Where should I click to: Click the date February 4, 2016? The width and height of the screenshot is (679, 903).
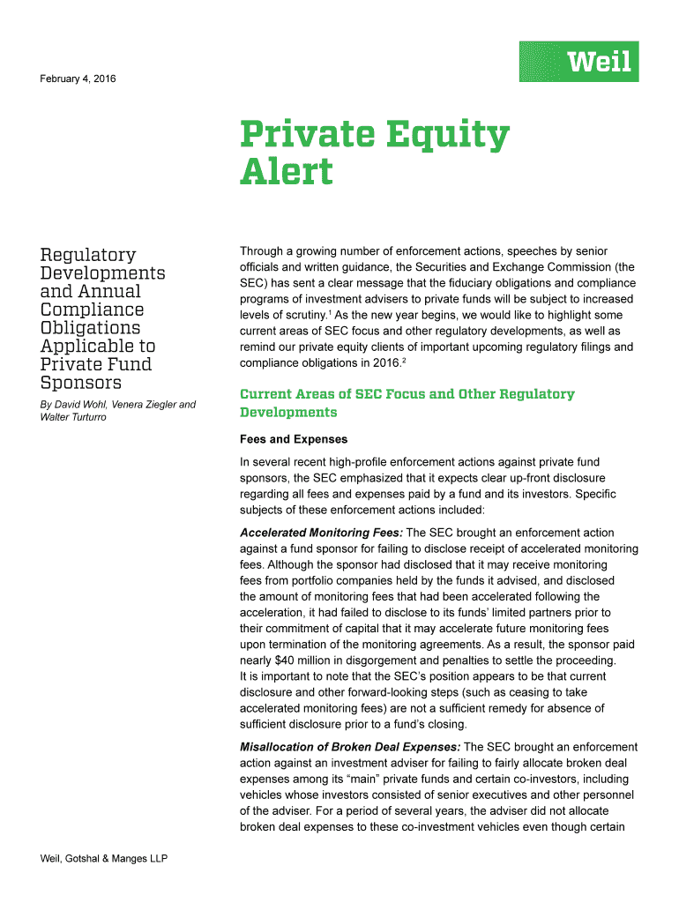click(x=78, y=80)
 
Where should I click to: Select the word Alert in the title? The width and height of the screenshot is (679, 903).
click(x=287, y=171)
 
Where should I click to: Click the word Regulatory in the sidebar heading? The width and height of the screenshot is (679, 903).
click(x=88, y=256)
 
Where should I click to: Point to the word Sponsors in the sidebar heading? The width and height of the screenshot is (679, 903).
click(x=81, y=384)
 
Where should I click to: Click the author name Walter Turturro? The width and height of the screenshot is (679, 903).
click(x=73, y=417)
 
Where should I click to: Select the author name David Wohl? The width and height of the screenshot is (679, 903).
click(x=79, y=405)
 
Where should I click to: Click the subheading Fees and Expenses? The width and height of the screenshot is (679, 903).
click(x=294, y=439)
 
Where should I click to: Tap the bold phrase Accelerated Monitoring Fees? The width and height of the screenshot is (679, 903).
click(x=321, y=533)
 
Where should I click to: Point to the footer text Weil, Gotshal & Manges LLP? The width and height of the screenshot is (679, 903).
click(x=104, y=859)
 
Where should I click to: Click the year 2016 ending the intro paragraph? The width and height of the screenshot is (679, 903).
click(x=384, y=363)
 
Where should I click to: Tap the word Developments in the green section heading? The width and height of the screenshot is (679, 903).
click(x=288, y=413)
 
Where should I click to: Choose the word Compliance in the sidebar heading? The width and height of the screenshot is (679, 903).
click(x=93, y=310)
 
